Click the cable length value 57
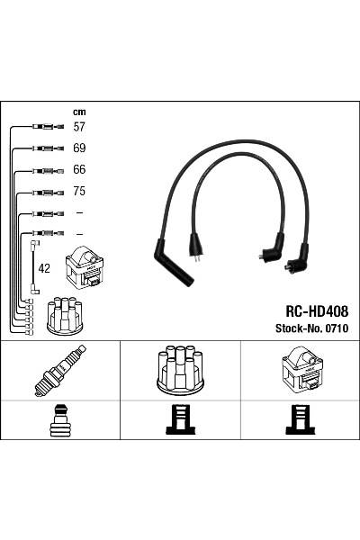pyautogui.click(x=79, y=128)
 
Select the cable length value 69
pyautogui.click(x=79, y=148)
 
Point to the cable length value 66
pyautogui.click(x=79, y=170)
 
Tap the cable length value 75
pyautogui.click(x=79, y=192)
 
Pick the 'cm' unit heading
pyautogui.click(x=78, y=112)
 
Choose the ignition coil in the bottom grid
pyautogui.click(x=300, y=370)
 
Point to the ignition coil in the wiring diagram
pyautogui.click(x=85, y=267)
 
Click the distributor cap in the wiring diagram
pyautogui.click(x=65, y=314)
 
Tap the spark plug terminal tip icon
pyautogui.click(x=60, y=420)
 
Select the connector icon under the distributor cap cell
pyautogui.click(x=180, y=420)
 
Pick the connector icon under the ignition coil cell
pyautogui.click(x=300, y=420)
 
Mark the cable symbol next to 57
pyautogui.click(x=43, y=128)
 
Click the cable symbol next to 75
pyautogui.click(x=43, y=192)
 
